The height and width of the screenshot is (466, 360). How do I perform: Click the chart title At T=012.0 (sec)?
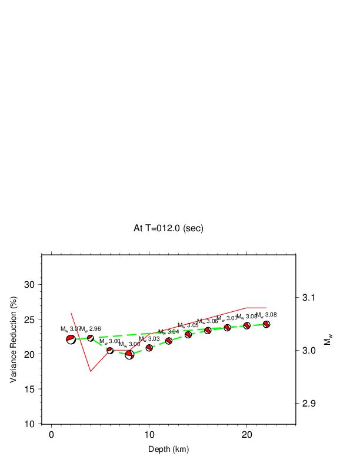(168, 228)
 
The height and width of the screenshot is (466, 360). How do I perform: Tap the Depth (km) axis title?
(168, 450)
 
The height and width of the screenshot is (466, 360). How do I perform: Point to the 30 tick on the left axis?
(29, 284)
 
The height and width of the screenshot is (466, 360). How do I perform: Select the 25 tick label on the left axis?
(29, 319)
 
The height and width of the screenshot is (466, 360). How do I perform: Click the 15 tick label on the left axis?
(29, 389)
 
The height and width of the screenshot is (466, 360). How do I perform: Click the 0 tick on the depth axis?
(52, 435)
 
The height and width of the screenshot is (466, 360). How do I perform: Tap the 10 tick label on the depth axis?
(149, 435)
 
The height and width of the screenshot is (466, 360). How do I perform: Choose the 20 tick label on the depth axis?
(247, 435)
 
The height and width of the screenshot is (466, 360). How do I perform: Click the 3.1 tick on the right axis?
(310, 298)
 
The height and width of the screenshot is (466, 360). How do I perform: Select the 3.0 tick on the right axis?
(310, 351)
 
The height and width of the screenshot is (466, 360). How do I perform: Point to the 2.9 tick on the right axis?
(310, 404)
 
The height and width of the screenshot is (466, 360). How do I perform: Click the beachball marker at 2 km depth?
(71, 339)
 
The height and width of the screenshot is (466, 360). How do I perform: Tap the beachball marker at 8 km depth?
(129, 354)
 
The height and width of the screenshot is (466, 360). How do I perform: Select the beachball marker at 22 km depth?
(266, 324)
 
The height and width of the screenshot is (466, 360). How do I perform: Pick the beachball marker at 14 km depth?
(188, 335)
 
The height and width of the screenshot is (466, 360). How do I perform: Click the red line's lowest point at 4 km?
(91, 371)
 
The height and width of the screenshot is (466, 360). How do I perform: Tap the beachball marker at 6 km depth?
(110, 351)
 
